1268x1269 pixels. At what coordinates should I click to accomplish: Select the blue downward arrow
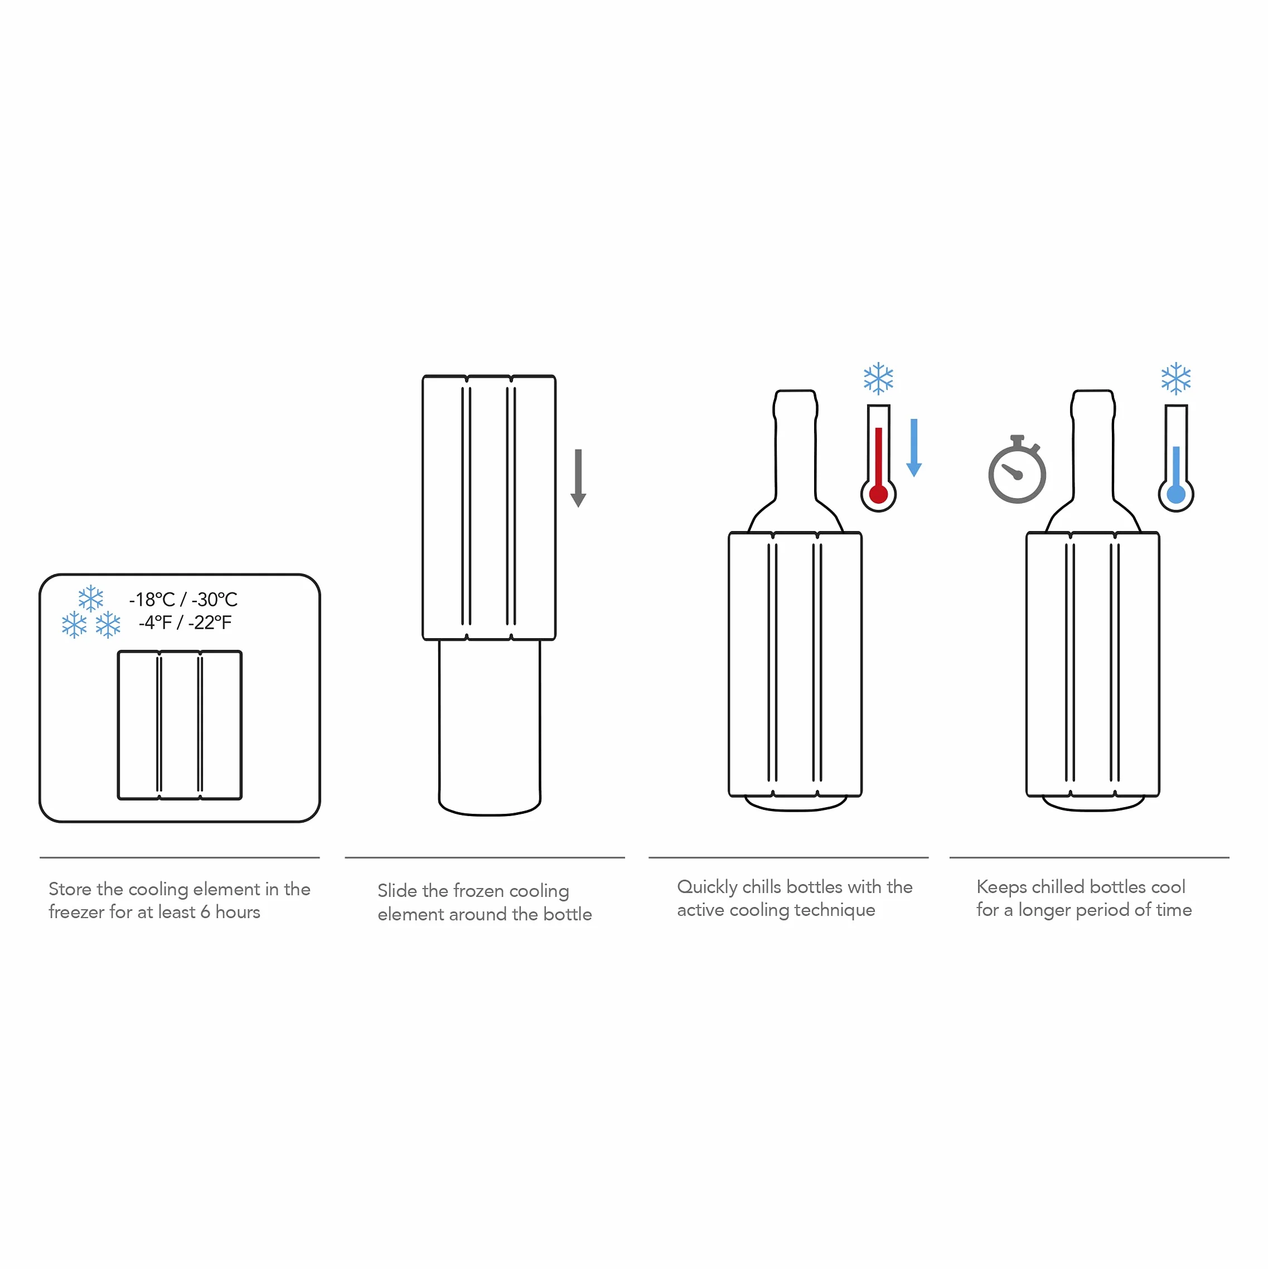point(913,447)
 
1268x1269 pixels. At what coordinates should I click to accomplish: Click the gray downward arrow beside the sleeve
point(578,478)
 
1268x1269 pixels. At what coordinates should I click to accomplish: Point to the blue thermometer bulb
point(1175,494)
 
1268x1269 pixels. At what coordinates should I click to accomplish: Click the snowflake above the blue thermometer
point(1175,379)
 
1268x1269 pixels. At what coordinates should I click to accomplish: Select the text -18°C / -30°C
point(183,600)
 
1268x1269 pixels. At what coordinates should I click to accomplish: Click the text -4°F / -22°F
point(185,623)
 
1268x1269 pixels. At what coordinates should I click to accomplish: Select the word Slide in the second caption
point(397,891)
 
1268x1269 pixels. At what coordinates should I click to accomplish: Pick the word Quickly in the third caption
point(707,887)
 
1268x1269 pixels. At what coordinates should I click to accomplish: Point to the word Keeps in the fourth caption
point(1001,887)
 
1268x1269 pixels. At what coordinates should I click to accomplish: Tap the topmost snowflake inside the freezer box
point(91,599)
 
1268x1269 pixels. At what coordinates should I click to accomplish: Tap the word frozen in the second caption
point(478,891)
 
